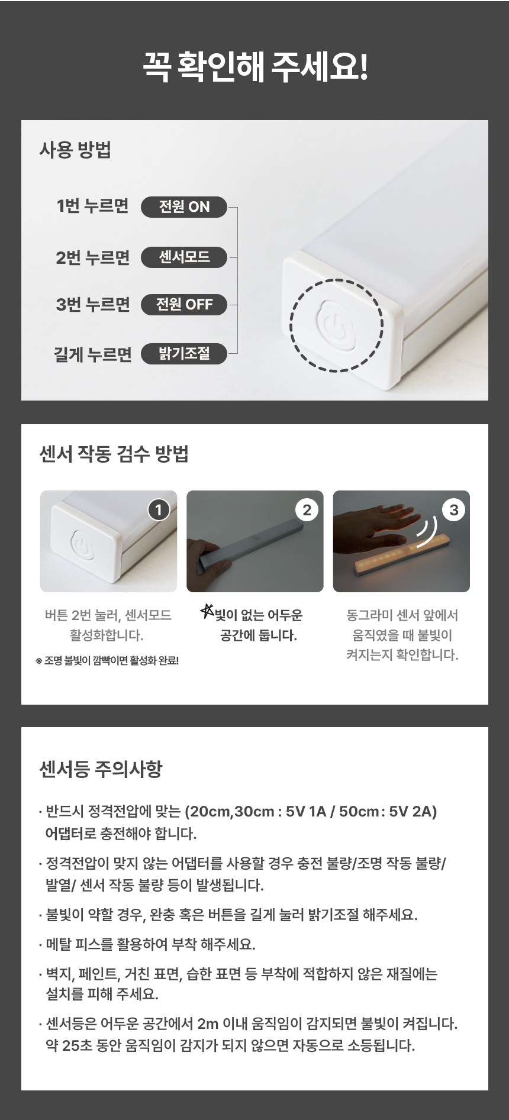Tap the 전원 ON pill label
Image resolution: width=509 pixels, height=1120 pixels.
[x=184, y=206]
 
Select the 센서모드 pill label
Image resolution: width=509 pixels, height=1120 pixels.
[x=184, y=257]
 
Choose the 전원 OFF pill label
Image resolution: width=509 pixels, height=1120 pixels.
[x=184, y=305]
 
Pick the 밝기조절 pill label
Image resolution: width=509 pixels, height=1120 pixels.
[x=184, y=354]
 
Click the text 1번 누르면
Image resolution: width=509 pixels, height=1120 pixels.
[x=92, y=206]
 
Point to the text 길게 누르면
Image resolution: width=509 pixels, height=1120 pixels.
[x=92, y=354]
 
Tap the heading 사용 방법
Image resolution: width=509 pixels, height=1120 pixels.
[x=75, y=150]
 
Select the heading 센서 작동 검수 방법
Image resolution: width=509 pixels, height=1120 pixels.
[x=114, y=454]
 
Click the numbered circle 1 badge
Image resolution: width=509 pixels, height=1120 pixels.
[x=159, y=509]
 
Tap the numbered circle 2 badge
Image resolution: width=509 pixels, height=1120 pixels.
[x=307, y=509]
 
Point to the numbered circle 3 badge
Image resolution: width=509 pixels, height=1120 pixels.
[x=454, y=509]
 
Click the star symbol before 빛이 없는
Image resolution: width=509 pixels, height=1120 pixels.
[x=207, y=611]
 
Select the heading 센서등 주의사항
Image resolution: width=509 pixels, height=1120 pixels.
[x=100, y=769]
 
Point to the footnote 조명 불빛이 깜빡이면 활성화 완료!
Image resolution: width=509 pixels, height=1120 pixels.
[x=107, y=660]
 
